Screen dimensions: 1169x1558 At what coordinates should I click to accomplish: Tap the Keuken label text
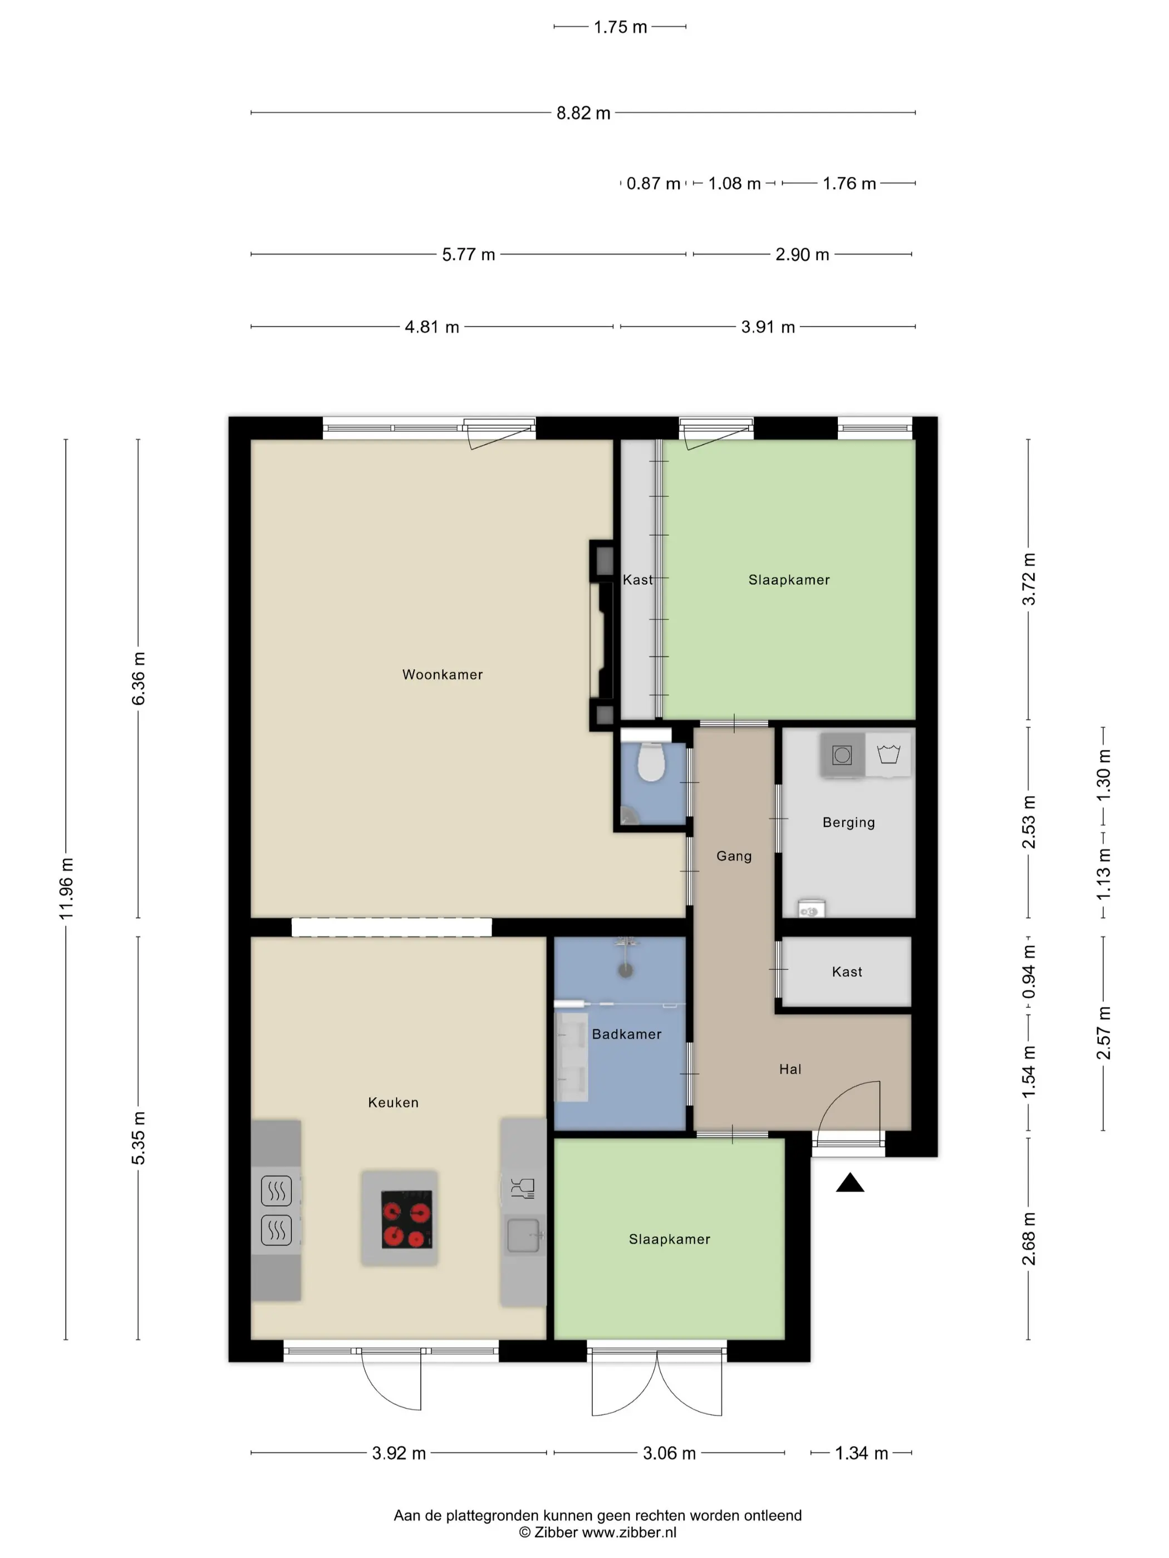pyautogui.click(x=392, y=1102)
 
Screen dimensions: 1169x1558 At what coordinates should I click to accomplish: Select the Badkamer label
pyautogui.click(x=626, y=1034)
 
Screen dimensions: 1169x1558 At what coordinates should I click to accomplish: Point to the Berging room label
pyautogui.click(x=848, y=822)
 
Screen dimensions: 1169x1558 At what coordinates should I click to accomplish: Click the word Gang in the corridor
pyautogui.click(x=734, y=856)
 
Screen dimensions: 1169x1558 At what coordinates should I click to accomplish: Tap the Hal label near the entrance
pyautogui.click(x=790, y=1069)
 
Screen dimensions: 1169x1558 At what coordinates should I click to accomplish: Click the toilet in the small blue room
pyautogui.click(x=650, y=762)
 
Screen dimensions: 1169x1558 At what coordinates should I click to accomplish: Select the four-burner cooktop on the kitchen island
pyautogui.click(x=406, y=1219)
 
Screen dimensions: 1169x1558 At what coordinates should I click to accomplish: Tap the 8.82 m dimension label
pyautogui.click(x=583, y=113)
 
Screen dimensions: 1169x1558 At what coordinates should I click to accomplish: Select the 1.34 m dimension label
pyautogui.click(x=861, y=1452)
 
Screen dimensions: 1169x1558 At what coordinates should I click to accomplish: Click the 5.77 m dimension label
pyautogui.click(x=469, y=254)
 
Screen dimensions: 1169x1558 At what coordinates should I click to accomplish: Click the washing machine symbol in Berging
pyautogui.click(x=842, y=755)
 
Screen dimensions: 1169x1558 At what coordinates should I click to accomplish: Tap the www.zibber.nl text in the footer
pyautogui.click(x=628, y=1531)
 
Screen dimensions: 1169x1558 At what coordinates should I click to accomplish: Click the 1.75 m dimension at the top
pyautogui.click(x=620, y=27)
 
